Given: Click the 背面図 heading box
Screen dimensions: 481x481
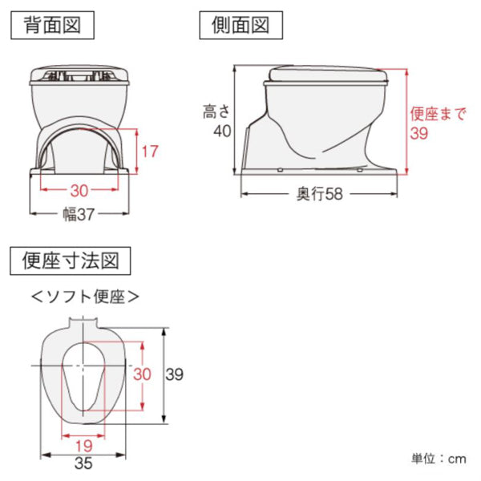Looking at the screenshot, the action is [52, 25].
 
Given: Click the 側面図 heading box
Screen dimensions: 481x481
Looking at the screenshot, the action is [240, 25].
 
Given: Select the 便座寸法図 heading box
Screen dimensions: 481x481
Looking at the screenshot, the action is [71, 261].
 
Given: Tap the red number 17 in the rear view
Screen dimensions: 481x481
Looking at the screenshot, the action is [150, 152].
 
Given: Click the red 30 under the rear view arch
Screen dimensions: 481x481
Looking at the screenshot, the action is [79, 191].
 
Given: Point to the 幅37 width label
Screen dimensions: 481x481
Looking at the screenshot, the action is [79, 214].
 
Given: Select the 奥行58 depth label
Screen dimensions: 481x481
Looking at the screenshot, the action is [319, 194].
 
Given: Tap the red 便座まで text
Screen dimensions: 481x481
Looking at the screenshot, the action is [438, 114].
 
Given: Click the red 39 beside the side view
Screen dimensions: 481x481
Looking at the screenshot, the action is [419, 133].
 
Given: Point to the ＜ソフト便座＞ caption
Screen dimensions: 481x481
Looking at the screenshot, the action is [85, 297].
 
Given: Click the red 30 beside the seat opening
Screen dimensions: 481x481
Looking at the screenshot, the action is [142, 374].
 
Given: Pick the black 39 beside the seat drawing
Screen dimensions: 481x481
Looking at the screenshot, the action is [174, 374].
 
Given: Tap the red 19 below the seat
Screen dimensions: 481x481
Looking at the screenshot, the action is [83, 446].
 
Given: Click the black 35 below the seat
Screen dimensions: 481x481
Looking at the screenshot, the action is [83, 463].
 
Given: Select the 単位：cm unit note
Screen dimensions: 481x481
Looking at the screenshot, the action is [439, 459].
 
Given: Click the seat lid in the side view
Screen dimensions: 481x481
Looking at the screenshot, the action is [328, 74].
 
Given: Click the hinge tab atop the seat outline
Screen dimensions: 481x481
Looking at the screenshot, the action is [83, 322].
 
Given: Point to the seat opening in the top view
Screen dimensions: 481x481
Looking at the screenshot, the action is [83, 377].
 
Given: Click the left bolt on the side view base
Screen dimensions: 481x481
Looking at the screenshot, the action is [280, 170].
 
